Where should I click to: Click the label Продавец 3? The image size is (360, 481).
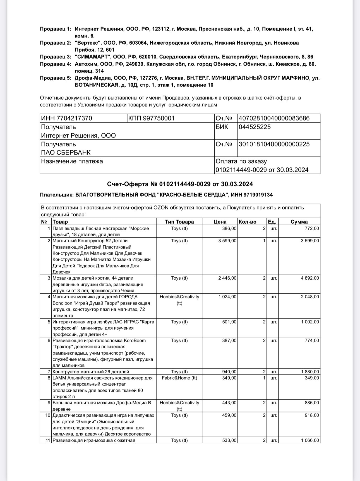(x=56, y=57)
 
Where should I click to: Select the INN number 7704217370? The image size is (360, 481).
(x=66, y=118)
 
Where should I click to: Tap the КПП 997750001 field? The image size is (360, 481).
(x=152, y=118)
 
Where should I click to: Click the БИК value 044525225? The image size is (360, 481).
(x=255, y=127)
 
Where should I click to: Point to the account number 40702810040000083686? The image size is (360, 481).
(x=274, y=118)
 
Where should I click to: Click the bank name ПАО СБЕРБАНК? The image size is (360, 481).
(x=66, y=153)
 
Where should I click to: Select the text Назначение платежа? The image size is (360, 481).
(x=72, y=161)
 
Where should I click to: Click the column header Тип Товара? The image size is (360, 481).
(x=179, y=222)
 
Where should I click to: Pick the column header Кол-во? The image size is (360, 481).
(x=248, y=222)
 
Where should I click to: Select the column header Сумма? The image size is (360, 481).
(x=299, y=222)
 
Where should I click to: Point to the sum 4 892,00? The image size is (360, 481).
(x=310, y=278)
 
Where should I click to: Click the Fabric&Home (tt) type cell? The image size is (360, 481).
(x=179, y=378)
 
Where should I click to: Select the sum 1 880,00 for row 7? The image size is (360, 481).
(x=310, y=372)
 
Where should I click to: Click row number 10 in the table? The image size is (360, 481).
(x=47, y=415)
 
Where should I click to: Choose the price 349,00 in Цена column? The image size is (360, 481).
(x=230, y=378)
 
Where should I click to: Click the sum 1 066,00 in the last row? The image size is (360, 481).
(x=310, y=440)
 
